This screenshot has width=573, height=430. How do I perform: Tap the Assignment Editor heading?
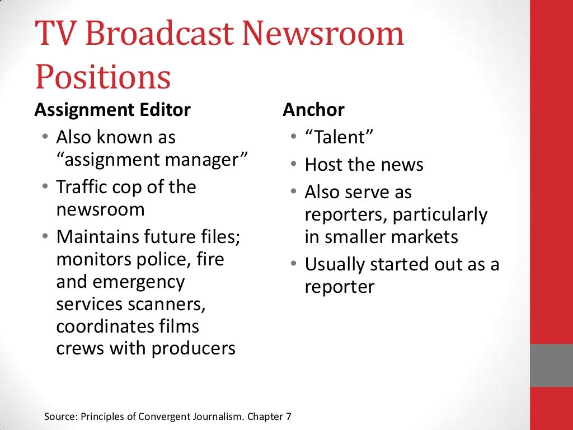click(x=112, y=110)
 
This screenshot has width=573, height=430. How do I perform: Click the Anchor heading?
click(x=313, y=110)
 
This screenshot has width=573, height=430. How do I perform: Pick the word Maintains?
click(x=100, y=237)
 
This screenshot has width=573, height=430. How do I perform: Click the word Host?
click(x=324, y=165)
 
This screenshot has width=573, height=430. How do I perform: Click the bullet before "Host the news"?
click(x=294, y=165)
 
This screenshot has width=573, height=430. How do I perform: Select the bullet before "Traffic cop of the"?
click(x=45, y=187)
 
